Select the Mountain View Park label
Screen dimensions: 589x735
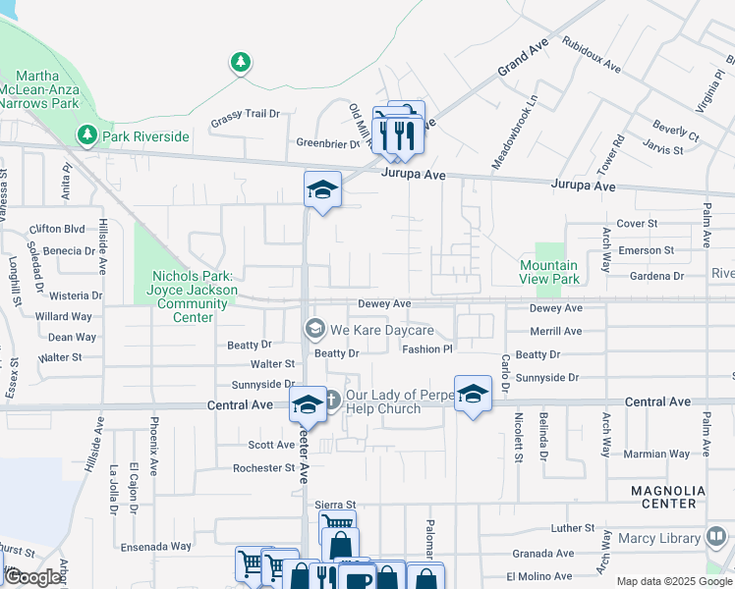pos(548,272)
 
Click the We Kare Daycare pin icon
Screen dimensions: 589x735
pos(315,329)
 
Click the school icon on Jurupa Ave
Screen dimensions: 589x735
pos(321,190)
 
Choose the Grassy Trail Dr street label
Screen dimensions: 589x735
pos(246,114)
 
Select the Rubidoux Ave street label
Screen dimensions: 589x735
pos(592,56)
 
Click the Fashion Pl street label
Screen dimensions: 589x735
pos(426,348)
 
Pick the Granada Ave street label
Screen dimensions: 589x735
pos(548,554)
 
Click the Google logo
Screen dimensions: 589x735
pos(32,577)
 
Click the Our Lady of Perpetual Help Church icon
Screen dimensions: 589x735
pos(331,400)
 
